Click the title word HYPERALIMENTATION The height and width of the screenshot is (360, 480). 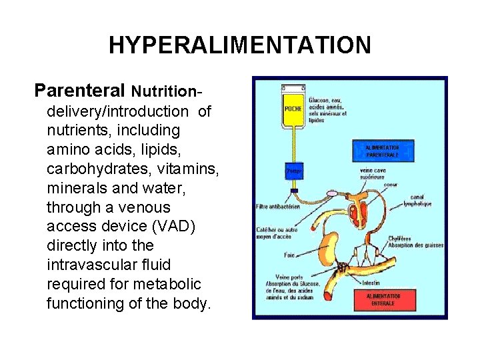[x=239, y=45]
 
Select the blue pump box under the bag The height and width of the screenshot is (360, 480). [x=293, y=171]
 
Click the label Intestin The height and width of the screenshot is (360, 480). [x=371, y=283]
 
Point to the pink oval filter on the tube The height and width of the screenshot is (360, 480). [x=333, y=194]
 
